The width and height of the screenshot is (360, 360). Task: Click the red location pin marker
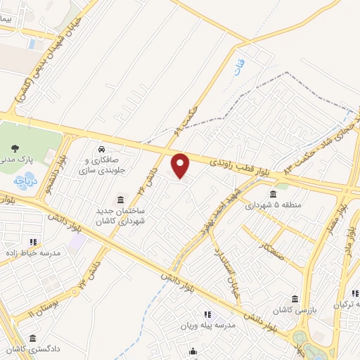coord(181,166)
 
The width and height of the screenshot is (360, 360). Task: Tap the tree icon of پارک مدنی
coord(15,148)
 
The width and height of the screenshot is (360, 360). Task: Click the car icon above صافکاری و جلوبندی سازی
coord(103,149)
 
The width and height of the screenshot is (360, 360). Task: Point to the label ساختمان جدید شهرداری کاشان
coord(120,216)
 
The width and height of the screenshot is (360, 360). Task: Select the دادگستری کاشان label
coord(29,349)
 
